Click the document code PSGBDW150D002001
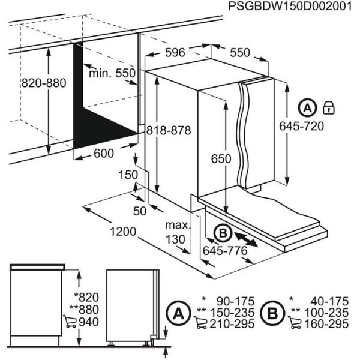tap(287, 7)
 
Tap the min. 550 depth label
tap(112, 73)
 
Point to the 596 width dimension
tap(175, 53)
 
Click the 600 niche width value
tap(104, 153)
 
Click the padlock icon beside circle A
tap(328, 108)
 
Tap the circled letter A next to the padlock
tap(307, 109)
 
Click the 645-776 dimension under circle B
tap(226, 250)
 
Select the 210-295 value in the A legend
tap(233, 324)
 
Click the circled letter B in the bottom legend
tap(274, 312)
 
